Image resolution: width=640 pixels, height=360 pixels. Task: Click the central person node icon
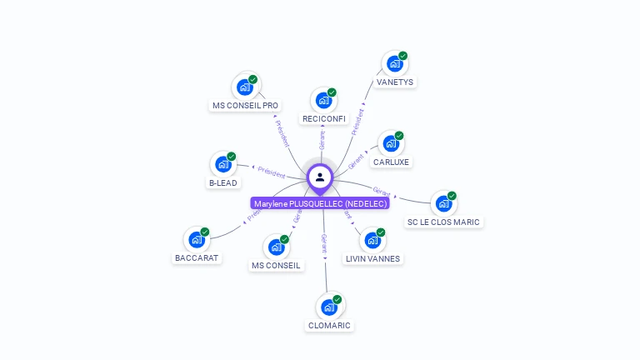[320, 177]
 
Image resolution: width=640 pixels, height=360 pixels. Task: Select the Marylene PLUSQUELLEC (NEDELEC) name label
[320, 203]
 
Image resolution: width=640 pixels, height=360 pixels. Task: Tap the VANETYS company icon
[394, 64]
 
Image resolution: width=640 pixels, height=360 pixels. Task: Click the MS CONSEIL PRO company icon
[245, 87]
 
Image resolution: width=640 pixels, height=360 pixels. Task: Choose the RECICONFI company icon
[323, 101]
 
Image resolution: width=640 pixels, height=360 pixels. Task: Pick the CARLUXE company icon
[391, 143]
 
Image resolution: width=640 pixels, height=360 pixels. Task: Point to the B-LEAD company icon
[222, 164]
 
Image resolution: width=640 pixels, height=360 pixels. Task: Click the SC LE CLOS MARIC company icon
[443, 204]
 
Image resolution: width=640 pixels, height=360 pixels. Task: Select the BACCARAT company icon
[197, 240]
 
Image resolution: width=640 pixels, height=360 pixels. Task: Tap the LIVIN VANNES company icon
[372, 240]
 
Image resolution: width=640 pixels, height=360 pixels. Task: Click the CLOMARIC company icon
[329, 307]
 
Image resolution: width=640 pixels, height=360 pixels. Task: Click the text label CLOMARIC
[329, 325]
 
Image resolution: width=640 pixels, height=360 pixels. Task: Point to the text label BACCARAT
[197, 257]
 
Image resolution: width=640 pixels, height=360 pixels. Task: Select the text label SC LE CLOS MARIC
[443, 222]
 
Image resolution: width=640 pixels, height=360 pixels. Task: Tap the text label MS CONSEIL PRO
[245, 106]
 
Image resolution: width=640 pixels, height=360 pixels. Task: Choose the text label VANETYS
[394, 82]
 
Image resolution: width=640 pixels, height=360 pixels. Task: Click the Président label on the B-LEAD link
[272, 172]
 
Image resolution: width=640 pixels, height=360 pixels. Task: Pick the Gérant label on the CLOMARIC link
[325, 243]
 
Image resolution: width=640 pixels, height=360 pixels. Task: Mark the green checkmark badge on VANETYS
[402, 56]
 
